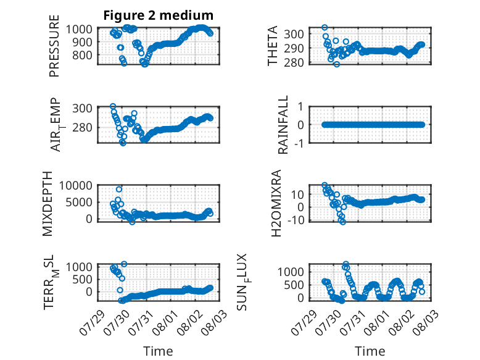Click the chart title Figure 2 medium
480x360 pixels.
[159, 15]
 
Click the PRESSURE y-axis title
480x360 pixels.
[54, 46]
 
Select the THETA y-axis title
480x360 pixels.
[272, 46]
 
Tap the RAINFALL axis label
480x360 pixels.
[283, 125]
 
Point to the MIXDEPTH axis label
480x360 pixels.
[48, 204]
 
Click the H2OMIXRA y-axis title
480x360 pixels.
[276, 203]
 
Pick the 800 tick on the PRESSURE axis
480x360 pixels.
[82, 56]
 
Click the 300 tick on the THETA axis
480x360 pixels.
[294, 34]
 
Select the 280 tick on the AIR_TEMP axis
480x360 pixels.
[82, 127]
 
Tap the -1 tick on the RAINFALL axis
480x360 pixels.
[299, 143]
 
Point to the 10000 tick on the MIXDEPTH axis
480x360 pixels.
[76, 185]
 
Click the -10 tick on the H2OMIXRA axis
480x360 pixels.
[296, 220]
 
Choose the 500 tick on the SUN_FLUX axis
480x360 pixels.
[294, 285]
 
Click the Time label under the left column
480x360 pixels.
[159, 351]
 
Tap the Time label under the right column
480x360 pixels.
[370, 351]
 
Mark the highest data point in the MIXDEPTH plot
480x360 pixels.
[119, 190]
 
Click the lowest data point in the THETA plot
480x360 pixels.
[337, 64]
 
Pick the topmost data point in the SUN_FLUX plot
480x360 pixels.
[346, 264]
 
